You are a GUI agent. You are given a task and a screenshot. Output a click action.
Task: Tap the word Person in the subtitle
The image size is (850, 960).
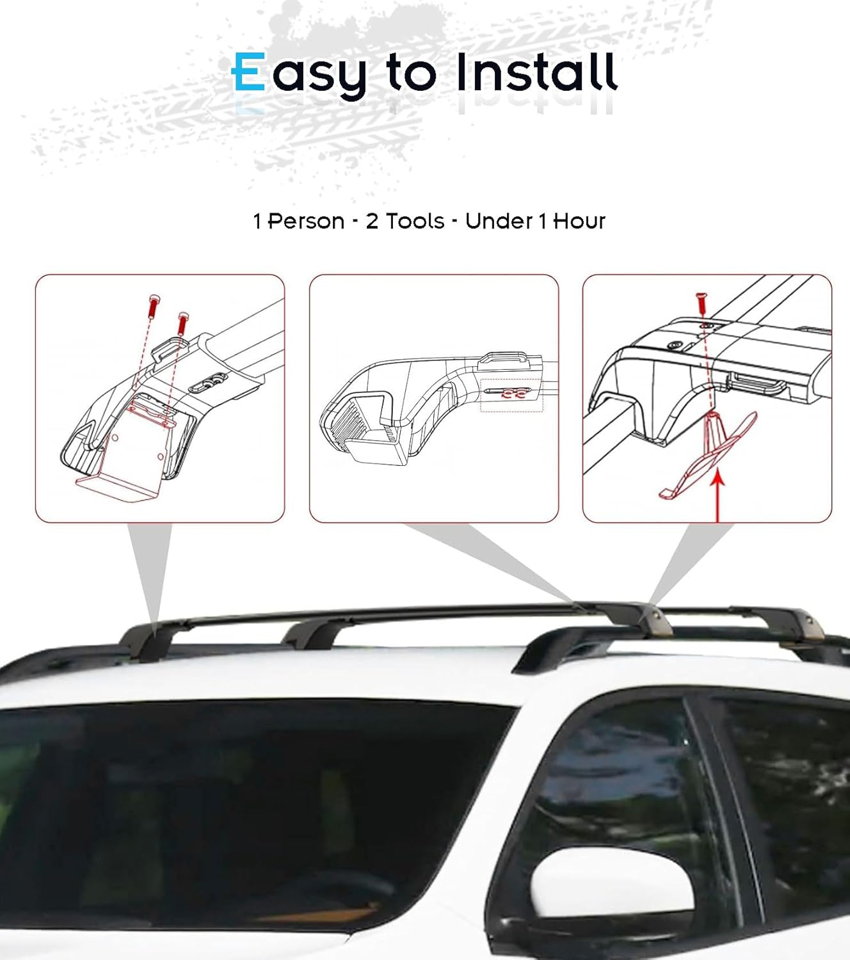coord(305,221)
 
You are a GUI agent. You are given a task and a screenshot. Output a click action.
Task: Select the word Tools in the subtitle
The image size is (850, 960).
coord(414,221)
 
